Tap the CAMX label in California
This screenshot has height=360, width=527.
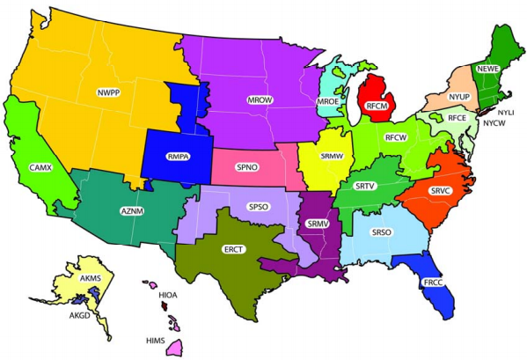tap(38, 166)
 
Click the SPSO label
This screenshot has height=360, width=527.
tap(258, 208)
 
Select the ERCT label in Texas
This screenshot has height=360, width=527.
tap(233, 249)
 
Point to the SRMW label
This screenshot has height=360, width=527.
tap(333, 156)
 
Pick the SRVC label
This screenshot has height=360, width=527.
tap(440, 190)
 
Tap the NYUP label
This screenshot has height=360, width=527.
tap(458, 95)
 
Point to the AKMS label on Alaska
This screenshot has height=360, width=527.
tap(91, 277)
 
